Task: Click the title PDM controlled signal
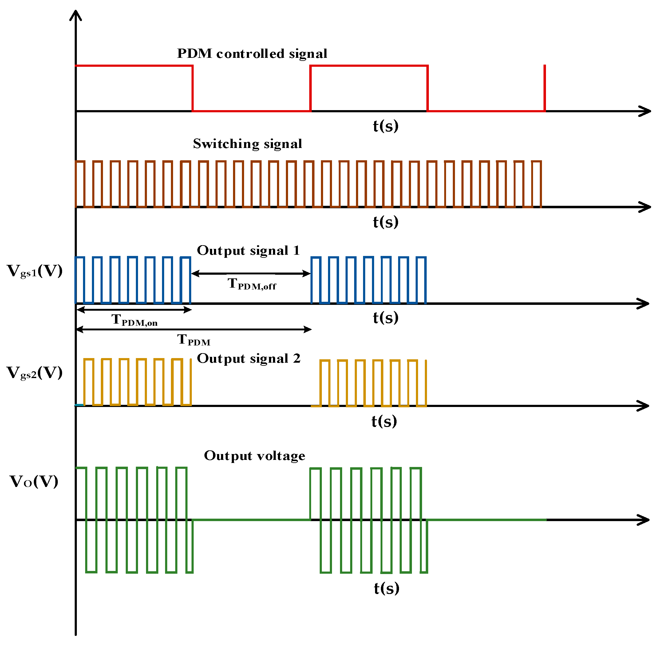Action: [252, 54]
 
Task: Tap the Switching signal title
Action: [247, 144]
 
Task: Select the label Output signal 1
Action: [249, 251]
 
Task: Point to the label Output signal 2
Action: [249, 359]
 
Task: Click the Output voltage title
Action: [254, 456]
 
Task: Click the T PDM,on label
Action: [134, 321]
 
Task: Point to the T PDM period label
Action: [194, 340]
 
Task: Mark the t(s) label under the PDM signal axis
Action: [385, 126]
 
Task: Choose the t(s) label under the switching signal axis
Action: [385, 222]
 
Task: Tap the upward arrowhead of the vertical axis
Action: [76, 15]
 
